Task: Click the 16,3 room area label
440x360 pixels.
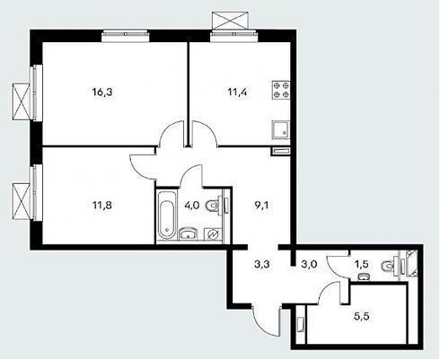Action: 102,92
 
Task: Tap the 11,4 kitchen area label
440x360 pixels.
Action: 237,92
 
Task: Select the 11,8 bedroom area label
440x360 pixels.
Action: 102,206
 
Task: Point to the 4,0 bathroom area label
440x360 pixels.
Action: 192,206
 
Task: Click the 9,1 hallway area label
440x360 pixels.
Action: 261,206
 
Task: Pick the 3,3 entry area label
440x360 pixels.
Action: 262,264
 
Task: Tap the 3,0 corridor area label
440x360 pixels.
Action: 310,264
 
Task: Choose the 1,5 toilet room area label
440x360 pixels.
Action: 361,264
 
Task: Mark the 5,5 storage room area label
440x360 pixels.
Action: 361,317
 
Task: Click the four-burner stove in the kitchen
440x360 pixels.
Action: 281,90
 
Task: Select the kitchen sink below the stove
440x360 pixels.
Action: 281,130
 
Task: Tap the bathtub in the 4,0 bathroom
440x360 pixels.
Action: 167,215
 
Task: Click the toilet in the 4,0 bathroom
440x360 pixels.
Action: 214,206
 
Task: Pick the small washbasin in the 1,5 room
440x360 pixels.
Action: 363,277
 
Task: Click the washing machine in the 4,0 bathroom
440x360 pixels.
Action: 213,234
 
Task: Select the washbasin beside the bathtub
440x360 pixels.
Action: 189,233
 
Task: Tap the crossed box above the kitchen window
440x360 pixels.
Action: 230,21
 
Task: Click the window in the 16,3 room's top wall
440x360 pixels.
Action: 125,35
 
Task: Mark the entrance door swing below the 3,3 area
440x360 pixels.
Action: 266,320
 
